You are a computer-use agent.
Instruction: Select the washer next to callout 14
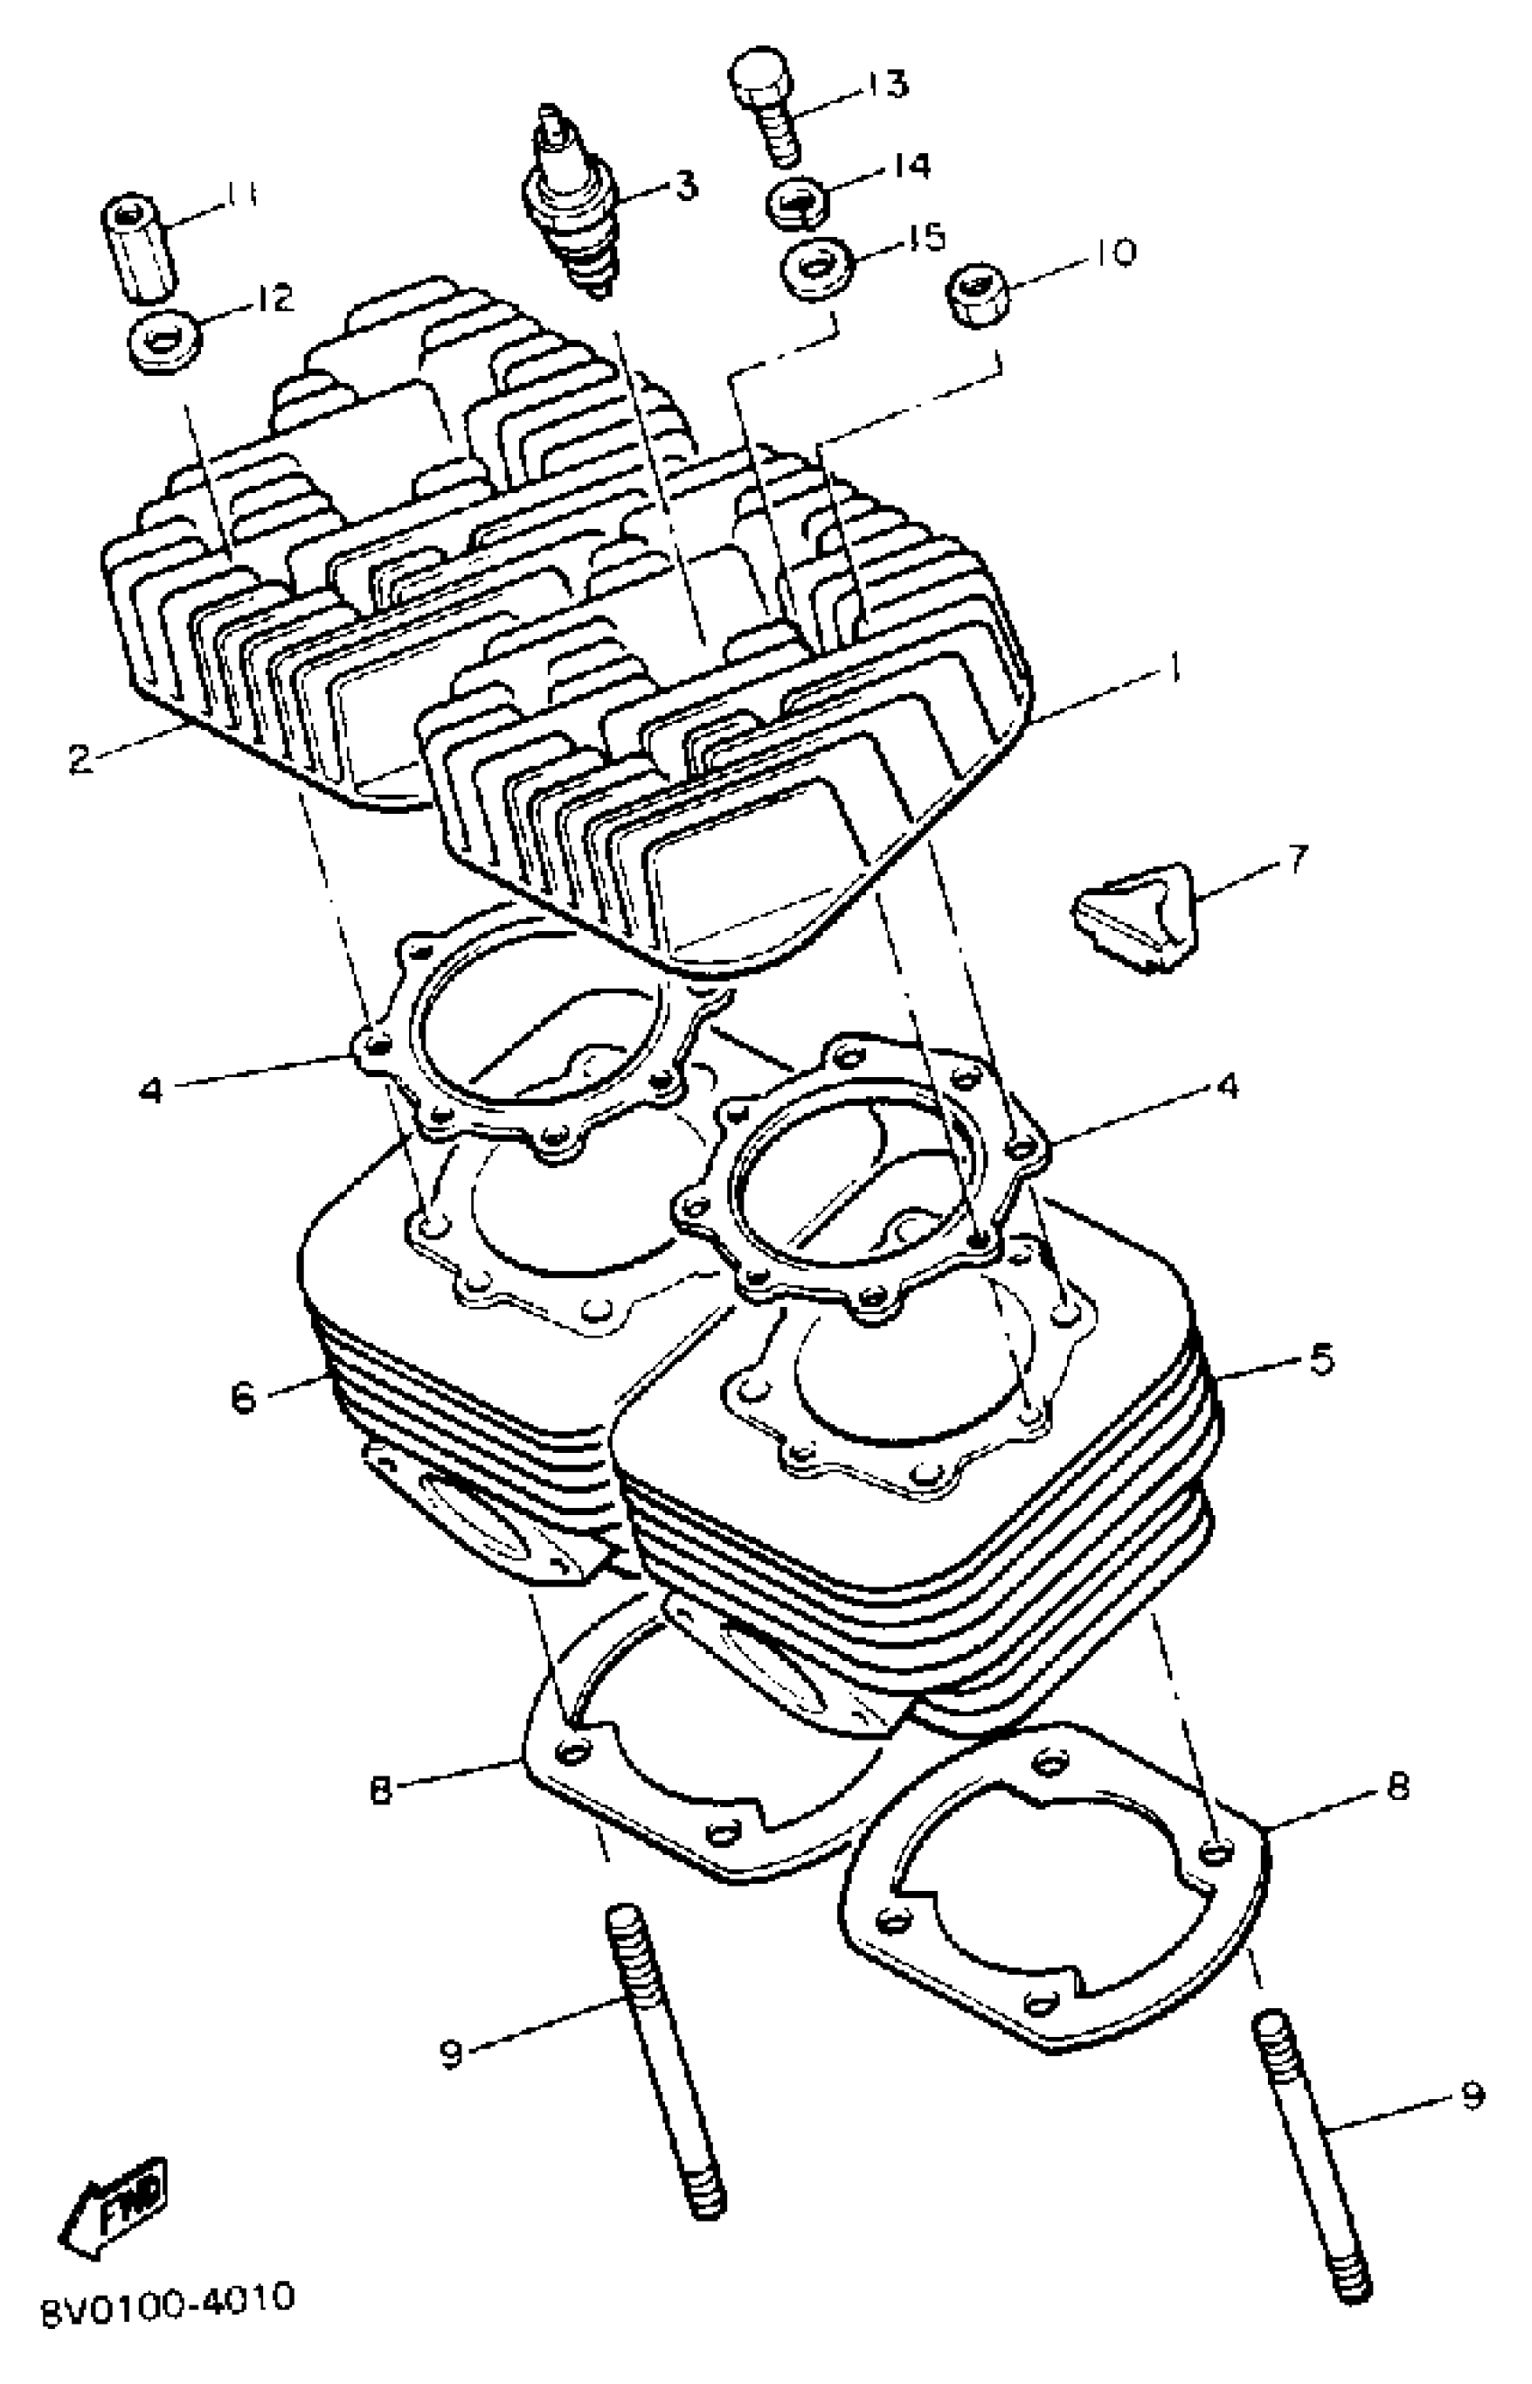tap(798, 204)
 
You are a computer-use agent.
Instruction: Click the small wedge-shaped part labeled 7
tap(1134, 917)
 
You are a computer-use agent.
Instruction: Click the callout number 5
tap(1320, 1360)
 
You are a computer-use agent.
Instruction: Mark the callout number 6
tap(242, 1397)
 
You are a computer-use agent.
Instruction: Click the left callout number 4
tap(150, 1091)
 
